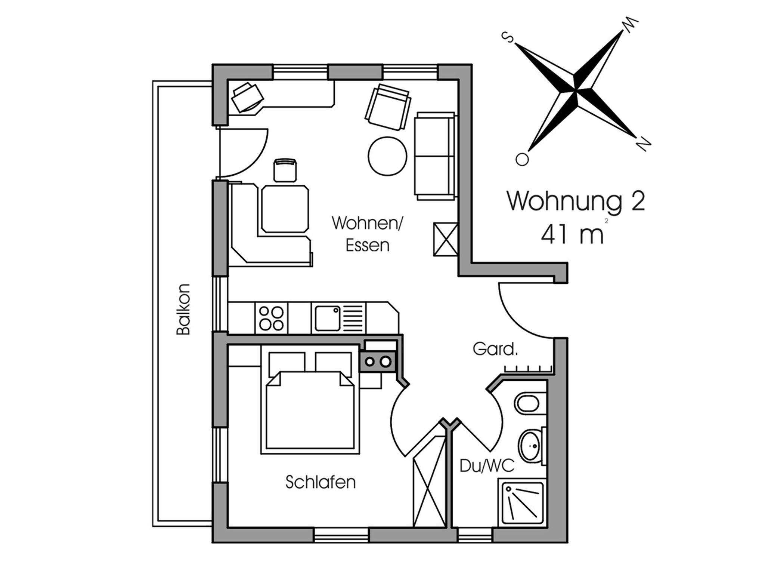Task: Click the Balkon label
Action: (x=183, y=309)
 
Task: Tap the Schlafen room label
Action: (x=320, y=482)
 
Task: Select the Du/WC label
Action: (x=487, y=466)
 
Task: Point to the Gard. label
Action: (x=495, y=349)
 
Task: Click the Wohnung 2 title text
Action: (x=576, y=202)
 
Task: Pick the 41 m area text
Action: (x=572, y=234)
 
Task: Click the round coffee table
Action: (x=387, y=156)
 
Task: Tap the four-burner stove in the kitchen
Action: (x=271, y=318)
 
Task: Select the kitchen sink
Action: (x=327, y=318)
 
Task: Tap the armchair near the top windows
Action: (x=388, y=107)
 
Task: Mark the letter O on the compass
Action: (x=522, y=159)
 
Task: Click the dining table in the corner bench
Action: (x=286, y=209)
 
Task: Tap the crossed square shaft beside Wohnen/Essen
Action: (x=446, y=239)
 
